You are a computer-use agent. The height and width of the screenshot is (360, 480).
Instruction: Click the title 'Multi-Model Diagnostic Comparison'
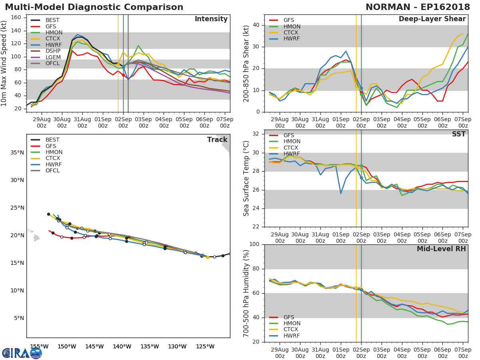[94, 7]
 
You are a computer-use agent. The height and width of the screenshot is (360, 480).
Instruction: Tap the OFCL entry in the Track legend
[52, 170]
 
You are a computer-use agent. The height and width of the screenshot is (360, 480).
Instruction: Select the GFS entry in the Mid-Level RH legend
[288, 317]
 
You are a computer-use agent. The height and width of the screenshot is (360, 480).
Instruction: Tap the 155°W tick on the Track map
[39, 346]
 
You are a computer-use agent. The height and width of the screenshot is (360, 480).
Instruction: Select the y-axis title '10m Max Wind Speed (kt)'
[4, 64]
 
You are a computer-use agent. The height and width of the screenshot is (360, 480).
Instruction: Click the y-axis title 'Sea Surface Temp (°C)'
[246, 178]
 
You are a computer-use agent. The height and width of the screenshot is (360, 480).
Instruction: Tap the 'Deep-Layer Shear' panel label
[432, 19]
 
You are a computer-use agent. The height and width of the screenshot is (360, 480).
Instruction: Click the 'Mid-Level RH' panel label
[441, 249]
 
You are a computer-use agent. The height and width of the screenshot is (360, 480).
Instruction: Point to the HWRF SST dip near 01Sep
[341, 193]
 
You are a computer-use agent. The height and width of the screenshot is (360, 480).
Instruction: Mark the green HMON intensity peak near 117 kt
[138, 46]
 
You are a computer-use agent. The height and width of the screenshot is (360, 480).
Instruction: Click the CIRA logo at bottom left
[22, 353]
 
